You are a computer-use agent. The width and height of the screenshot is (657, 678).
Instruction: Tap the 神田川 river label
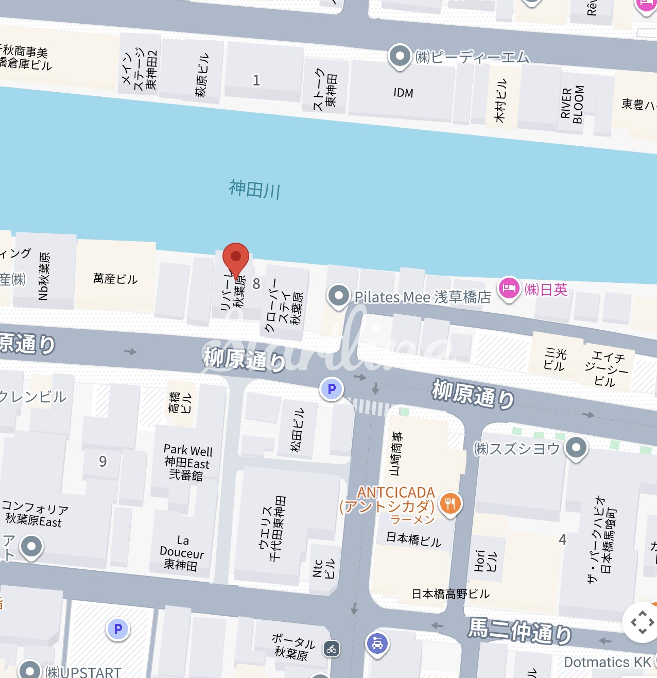[x=254, y=189]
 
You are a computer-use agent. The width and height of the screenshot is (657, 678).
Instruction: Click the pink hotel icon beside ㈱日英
[x=509, y=288]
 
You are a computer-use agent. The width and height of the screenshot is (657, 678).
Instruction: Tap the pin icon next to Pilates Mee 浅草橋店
[x=338, y=296]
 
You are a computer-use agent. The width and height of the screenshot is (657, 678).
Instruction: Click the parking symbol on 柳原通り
[x=332, y=389]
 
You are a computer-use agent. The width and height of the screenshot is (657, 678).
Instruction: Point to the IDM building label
[x=403, y=93]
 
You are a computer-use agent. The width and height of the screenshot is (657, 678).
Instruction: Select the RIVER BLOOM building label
[x=572, y=105]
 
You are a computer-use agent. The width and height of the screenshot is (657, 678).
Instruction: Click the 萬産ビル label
[x=115, y=279]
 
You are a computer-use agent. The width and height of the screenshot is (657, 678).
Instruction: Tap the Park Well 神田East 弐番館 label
[x=187, y=462]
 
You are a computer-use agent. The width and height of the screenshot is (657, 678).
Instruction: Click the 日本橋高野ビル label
[x=450, y=594]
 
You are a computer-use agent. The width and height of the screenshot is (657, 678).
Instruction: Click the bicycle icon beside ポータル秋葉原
[x=332, y=649]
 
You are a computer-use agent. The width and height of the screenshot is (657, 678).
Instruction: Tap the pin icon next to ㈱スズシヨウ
[x=576, y=447]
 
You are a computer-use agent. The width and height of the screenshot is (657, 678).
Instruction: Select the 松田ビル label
[x=297, y=430]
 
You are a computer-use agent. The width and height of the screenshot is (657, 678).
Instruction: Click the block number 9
[x=103, y=461]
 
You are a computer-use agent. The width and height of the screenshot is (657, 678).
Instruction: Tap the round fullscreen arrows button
[x=642, y=622]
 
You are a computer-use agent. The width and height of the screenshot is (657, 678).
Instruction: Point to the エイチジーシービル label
[x=606, y=368]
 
